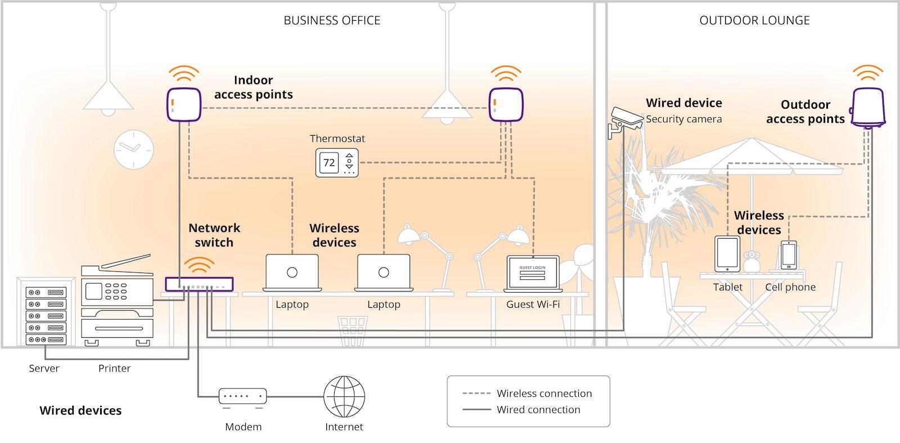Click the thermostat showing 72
tap(337, 163)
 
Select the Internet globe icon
tap(344, 397)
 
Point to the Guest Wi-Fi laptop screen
tap(533, 272)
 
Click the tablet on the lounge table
tap(727, 254)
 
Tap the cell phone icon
tap(789, 255)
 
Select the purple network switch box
tap(199, 284)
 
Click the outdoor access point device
tap(868, 108)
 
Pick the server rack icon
tap(46, 315)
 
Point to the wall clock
tap(134, 150)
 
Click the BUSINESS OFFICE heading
tap(332, 20)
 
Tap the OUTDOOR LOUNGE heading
tap(754, 20)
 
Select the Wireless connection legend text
tap(544, 393)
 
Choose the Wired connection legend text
tap(538, 410)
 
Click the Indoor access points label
tap(254, 87)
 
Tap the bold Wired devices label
tap(80, 410)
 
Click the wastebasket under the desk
tap(352, 331)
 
